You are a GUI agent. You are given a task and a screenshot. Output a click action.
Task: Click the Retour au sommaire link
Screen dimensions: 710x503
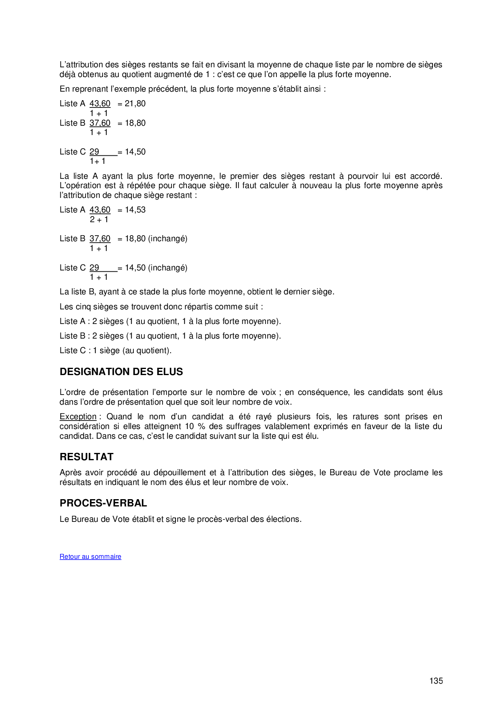90,556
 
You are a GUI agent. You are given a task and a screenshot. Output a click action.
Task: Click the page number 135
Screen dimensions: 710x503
436,681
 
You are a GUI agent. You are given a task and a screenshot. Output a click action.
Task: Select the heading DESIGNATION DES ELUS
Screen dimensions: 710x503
121,372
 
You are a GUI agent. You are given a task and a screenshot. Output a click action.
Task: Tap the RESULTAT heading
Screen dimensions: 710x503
86,457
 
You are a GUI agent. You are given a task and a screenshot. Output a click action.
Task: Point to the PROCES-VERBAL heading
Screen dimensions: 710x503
103,503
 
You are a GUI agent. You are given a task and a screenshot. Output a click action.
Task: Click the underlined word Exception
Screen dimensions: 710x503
78,416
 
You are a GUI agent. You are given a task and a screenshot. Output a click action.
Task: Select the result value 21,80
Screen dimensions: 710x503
135,104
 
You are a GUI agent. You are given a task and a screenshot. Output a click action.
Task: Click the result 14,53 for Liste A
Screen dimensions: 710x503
135,210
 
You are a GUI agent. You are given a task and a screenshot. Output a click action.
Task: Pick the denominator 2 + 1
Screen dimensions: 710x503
99,220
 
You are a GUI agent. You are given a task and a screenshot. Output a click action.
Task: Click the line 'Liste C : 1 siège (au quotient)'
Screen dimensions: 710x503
116,350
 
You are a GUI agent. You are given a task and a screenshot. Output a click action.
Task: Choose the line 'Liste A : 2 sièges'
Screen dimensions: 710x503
170,321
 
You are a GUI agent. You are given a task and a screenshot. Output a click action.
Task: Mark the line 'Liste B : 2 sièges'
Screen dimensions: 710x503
170,336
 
